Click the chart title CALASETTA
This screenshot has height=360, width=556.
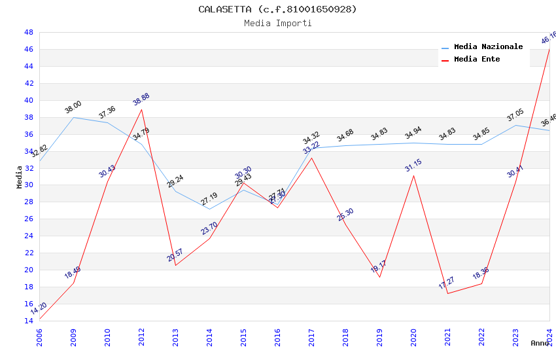(278, 9)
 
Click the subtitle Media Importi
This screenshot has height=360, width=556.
(278, 23)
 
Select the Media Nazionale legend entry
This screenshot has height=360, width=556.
(488, 47)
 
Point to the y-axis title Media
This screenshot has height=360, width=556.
(20, 176)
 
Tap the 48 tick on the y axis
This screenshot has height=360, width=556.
(29, 32)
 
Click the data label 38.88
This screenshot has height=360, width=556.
(141, 99)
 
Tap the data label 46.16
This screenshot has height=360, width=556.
(549, 38)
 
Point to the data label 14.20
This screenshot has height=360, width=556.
(39, 308)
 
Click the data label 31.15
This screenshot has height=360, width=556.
(413, 165)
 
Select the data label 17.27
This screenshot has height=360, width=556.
(447, 283)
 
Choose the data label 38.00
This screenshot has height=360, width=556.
(73, 107)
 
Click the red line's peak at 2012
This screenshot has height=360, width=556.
(142, 109)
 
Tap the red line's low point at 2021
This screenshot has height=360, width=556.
(448, 293)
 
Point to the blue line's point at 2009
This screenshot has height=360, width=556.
(74, 117)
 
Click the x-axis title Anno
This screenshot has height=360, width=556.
(540, 343)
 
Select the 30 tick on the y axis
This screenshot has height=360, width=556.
(29, 185)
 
